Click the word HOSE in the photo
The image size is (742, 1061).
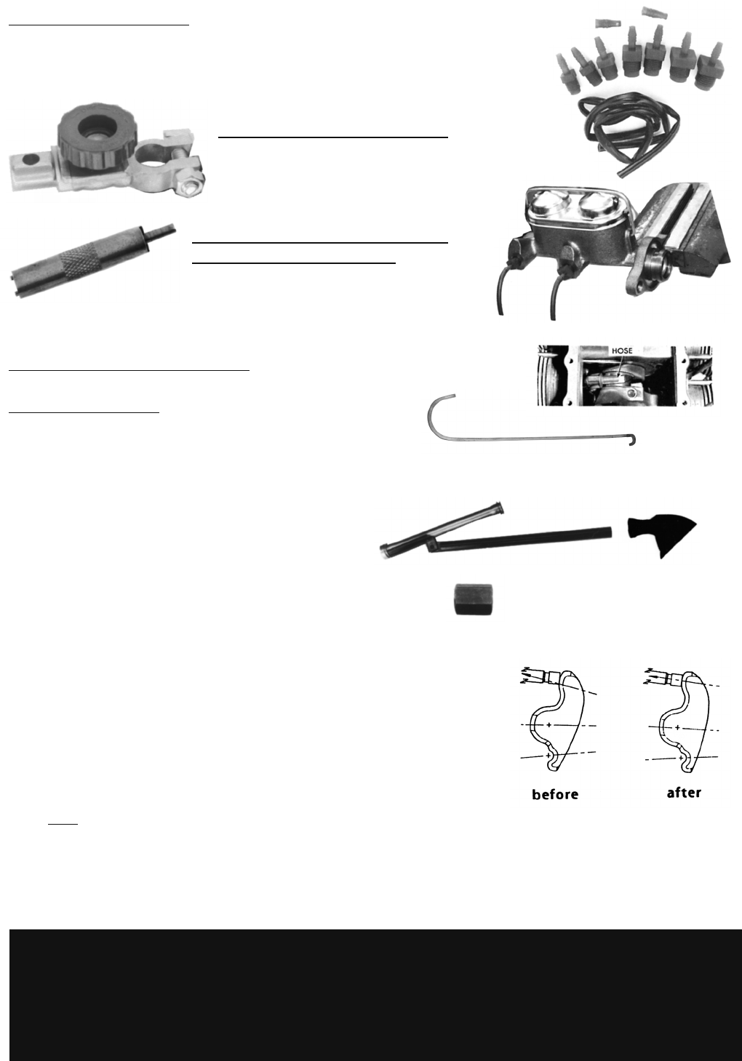click(x=622, y=351)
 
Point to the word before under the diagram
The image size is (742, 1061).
click(x=555, y=794)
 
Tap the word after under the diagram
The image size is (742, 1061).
click(x=684, y=793)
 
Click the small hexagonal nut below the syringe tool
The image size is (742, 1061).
click(x=474, y=600)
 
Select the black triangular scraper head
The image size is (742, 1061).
click(x=663, y=534)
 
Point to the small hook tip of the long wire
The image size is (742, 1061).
click(x=633, y=441)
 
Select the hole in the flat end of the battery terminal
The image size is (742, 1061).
click(x=29, y=160)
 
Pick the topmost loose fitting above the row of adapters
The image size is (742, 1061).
click(x=655, y=13)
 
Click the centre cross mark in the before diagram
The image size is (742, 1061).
click(x=549, y=725)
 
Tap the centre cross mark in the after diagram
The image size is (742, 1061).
click(x=677, y=727)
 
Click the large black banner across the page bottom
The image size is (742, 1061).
click(x=375, y=995)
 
